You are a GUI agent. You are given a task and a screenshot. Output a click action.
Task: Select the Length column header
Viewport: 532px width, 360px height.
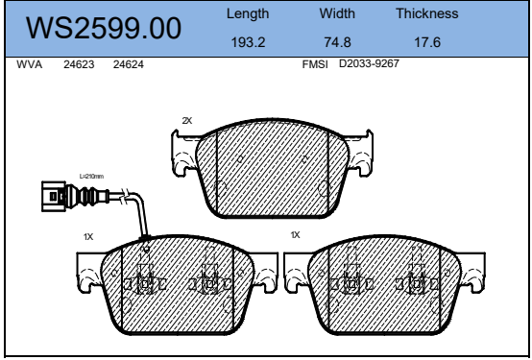(x=248, y=14)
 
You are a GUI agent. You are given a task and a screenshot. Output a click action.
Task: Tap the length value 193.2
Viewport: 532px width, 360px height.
(x=248, y=42)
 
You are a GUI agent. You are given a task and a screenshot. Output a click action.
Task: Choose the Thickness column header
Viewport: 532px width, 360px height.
(x=426, y=14)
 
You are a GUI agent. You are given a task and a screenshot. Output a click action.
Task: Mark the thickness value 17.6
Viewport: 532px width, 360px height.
(x=426, y=42)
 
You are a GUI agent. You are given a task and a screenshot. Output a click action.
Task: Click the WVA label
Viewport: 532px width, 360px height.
(x=31, y=64)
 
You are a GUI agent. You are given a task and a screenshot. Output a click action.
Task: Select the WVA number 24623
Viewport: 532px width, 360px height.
(x=78, y=64)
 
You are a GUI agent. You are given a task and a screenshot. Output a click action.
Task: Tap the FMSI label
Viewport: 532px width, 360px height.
(x=315, y=64)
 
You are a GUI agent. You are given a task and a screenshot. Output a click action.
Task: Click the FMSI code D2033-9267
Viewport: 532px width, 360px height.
(x=369, y=64)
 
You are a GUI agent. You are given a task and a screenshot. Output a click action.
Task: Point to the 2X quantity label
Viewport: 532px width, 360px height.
(x=187, y=121)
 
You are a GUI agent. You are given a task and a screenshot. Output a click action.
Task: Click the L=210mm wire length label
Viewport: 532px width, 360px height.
(x=91, y=177)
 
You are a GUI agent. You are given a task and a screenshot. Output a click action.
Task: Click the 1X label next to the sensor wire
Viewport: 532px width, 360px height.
(x=88, y=235)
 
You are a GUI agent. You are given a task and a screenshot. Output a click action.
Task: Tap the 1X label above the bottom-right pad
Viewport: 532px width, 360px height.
(x=296, y=234)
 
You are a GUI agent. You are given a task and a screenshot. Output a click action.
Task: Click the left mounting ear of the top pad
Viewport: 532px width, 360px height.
(x=182, y=149)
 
